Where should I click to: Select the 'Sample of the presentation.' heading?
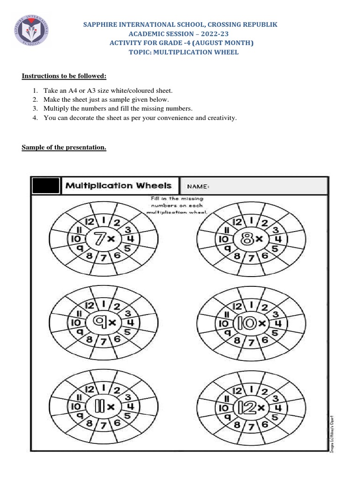pos(64,148)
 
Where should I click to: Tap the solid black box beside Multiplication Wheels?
pos(46,186)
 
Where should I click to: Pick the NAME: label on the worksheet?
pos(198,187)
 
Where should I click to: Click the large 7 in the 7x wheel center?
pos(99,239)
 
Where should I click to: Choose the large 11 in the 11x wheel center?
pos(99,406)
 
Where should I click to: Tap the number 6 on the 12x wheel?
pos(264,423)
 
